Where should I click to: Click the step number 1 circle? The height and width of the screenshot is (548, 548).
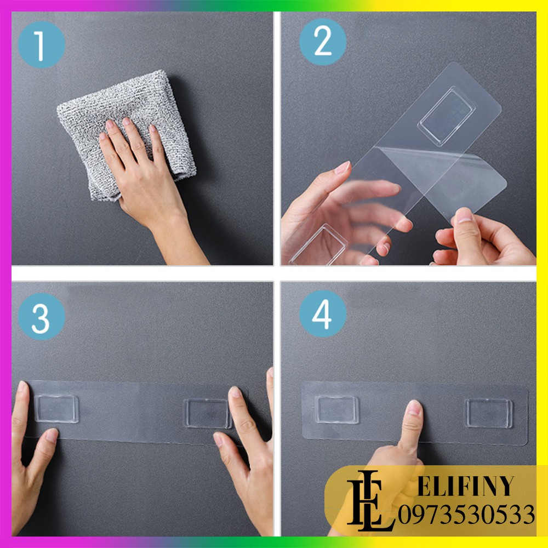tap(41, 44)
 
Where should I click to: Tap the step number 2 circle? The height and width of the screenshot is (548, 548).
tap(323, 42)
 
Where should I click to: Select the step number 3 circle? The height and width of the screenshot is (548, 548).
tap(41, 317)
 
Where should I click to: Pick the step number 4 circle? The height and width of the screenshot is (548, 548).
tap(323, 313)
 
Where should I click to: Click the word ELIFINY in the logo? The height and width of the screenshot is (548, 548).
tap(466, 486)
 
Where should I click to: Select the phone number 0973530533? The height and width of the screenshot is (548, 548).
tap(466, 515)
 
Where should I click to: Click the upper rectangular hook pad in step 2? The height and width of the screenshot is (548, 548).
tap(447, 116)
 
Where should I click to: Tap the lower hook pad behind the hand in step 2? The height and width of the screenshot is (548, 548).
tap(319, 245)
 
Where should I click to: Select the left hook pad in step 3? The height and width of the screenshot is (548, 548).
tap(56, 409)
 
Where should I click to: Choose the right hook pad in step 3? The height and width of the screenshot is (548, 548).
tap(207, 413)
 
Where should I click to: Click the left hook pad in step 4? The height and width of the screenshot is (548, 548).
tap(336, 409)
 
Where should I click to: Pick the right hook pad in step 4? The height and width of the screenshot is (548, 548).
tap(489, 413)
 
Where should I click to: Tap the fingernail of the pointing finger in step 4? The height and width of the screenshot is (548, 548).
tap(414, 408)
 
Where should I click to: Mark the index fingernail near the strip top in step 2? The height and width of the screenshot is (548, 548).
tap(342, 168)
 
